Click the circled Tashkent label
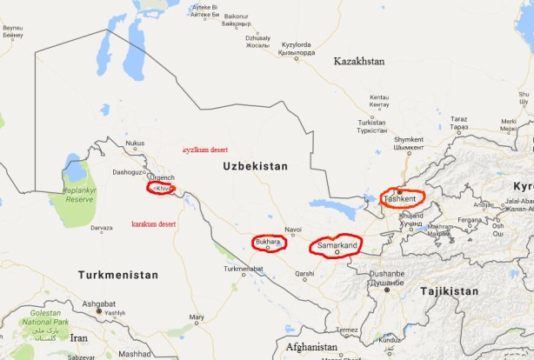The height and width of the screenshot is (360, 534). [x=401, y=200]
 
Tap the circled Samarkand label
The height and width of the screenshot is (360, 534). [x=335, y=247]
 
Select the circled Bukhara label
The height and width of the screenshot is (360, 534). [x=268, y=242]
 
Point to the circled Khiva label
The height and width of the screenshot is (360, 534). [x=163, y=188]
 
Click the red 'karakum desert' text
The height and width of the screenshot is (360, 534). [x=154, y=224]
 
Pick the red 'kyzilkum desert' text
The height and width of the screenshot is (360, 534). [x=204, y=150]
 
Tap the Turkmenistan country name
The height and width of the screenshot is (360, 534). [x=118, y=275]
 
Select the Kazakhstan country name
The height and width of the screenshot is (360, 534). [x=358, y=62]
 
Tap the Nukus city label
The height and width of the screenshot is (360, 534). [x=135, y=143]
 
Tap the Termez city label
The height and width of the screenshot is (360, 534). [x=348, y=330]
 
